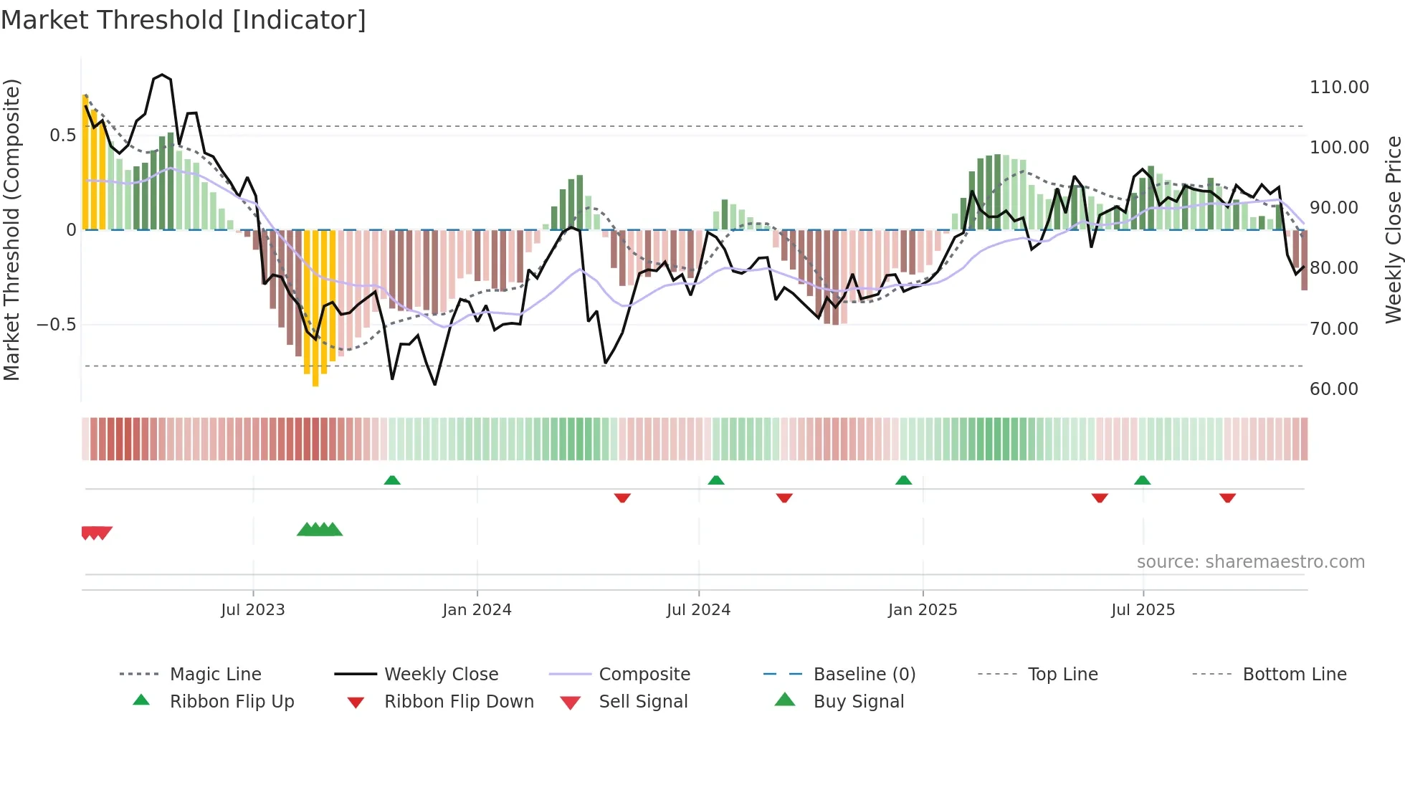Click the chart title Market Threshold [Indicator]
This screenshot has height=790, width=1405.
coord(184,20)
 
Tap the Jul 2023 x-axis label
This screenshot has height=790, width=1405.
coord(252,610)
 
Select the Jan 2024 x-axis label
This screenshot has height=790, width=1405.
coord(477,610)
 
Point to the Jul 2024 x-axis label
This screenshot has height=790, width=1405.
coord(698,610)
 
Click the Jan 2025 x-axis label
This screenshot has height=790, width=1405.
coord(923,610)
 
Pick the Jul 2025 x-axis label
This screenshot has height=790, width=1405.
coord(1143,610)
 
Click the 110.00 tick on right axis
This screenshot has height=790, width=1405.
coord(1338,87)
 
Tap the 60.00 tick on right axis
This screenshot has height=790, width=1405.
coord(1333,389)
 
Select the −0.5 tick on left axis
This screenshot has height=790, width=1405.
coord(57,325)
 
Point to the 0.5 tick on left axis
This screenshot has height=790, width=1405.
coord(62,135)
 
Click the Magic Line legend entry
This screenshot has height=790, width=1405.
coord(215,675)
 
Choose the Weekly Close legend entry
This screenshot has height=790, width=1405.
coord(441,675)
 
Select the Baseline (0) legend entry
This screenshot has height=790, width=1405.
coord(864,675)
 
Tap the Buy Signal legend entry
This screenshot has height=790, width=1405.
coord(858,702)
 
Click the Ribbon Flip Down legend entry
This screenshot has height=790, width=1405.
coord(459,702)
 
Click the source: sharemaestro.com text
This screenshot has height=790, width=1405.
coord(1250,562)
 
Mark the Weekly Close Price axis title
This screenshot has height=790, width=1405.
coord(1393,229)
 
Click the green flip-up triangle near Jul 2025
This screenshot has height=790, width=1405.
coord(1142,480)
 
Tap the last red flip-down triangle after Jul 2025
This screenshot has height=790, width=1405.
coord(1227,498)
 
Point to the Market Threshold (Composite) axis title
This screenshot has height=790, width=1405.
coord(12,229)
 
